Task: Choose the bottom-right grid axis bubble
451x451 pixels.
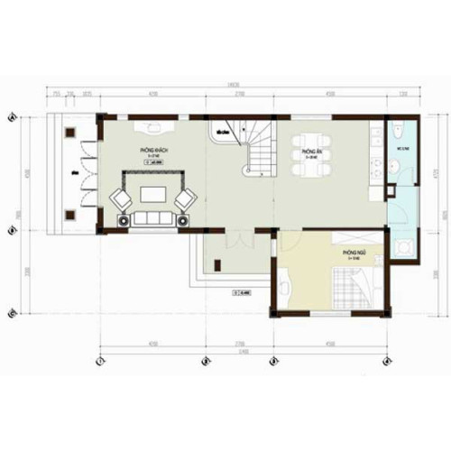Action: coord(390,363)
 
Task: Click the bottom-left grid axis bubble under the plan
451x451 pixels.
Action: coord(101,363)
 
